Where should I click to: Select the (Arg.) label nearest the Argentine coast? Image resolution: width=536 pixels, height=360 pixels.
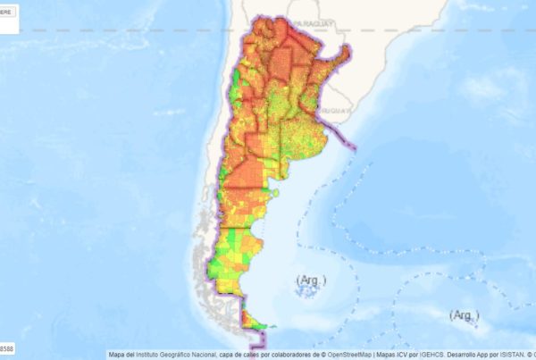click(312, 280)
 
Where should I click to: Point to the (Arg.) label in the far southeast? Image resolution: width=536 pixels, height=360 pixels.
click(464, 315)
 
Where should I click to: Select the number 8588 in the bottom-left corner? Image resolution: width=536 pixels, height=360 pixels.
click(7, 347)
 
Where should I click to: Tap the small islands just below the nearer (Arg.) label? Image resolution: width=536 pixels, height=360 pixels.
click(309, 293)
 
